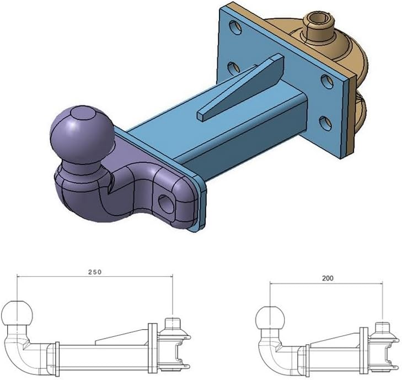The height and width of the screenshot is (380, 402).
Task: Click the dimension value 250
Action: pyautogui.click(x=95, y=272)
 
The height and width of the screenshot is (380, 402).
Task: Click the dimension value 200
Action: pyautogui.click(x=328, y=278)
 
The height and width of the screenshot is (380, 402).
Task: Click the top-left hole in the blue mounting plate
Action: pyautogui.click(x=235, y=27)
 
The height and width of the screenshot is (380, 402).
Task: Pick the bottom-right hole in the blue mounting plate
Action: pyautogui.click(x=326, y=124)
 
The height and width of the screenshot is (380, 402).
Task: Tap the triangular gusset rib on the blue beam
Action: pyautogui.click(x=241, y=87)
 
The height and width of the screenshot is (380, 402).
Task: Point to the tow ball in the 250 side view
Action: pyautogui.click(x=17, y=313)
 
